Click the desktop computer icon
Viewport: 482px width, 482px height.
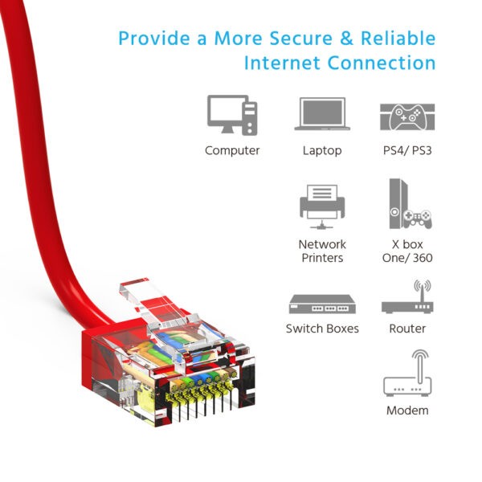tap(232, 114)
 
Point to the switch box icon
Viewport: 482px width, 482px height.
tap(321, 304)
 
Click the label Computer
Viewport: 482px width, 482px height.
tap(232, 150)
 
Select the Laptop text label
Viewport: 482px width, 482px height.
tap(321, 150)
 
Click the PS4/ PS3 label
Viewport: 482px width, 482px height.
tap(407, 150)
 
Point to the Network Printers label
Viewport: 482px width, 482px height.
tap(321, 251)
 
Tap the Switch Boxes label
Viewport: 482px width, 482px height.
tap(321, 329)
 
